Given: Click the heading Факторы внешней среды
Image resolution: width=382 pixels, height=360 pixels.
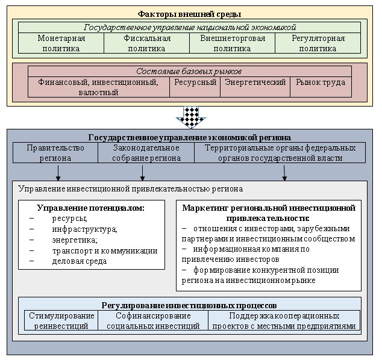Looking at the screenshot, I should pyautogui.click(x=190, y=13).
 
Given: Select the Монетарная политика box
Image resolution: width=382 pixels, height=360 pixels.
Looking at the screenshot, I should pyautogui.click(x=61, y=43).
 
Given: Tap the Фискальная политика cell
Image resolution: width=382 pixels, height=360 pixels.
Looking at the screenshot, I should pyautogui.click(x=146, y=43).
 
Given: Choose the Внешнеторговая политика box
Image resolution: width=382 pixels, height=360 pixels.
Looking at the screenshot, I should pyautogui.click(x=232, y=43).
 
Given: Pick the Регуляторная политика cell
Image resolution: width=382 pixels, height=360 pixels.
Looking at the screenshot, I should pyautogui.click(x=318, y=43).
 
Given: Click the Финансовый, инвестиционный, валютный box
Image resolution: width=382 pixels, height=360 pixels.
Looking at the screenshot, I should pyautogui.click(x=98, y=87).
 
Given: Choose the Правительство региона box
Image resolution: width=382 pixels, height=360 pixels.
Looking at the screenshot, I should pyautogui.click(x=55, y=153).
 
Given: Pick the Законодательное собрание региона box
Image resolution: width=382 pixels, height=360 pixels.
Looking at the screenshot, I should pyautogui.click(x=146, y=153).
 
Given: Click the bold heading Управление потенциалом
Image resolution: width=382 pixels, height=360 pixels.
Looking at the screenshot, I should pyautogui.click(x=90, y=208).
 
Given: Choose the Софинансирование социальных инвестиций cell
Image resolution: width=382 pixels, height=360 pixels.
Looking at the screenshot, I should pyautogui.click(x=153, y=321).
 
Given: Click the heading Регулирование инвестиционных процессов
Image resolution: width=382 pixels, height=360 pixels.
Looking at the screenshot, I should pyautogui.click(x=189, y=305).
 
